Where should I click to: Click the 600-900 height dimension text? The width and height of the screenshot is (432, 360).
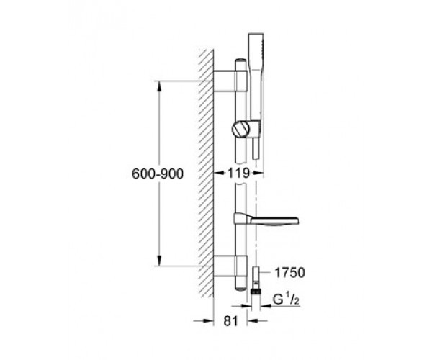tap(158, 174)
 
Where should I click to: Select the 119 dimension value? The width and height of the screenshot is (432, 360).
tap(238, 174)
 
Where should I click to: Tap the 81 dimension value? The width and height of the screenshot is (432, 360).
tap(230, 321)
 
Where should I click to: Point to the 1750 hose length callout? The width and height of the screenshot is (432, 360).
tap(290, 273)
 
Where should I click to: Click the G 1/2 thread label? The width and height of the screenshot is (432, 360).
tap(286, 300)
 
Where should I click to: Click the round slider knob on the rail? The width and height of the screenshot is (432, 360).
tap(240, 129)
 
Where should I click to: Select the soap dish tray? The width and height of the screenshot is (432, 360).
tap(266, 220)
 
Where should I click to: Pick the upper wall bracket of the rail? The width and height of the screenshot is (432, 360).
tap(230, 81)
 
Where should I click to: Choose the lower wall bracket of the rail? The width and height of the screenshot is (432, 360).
tap(230, 266)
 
